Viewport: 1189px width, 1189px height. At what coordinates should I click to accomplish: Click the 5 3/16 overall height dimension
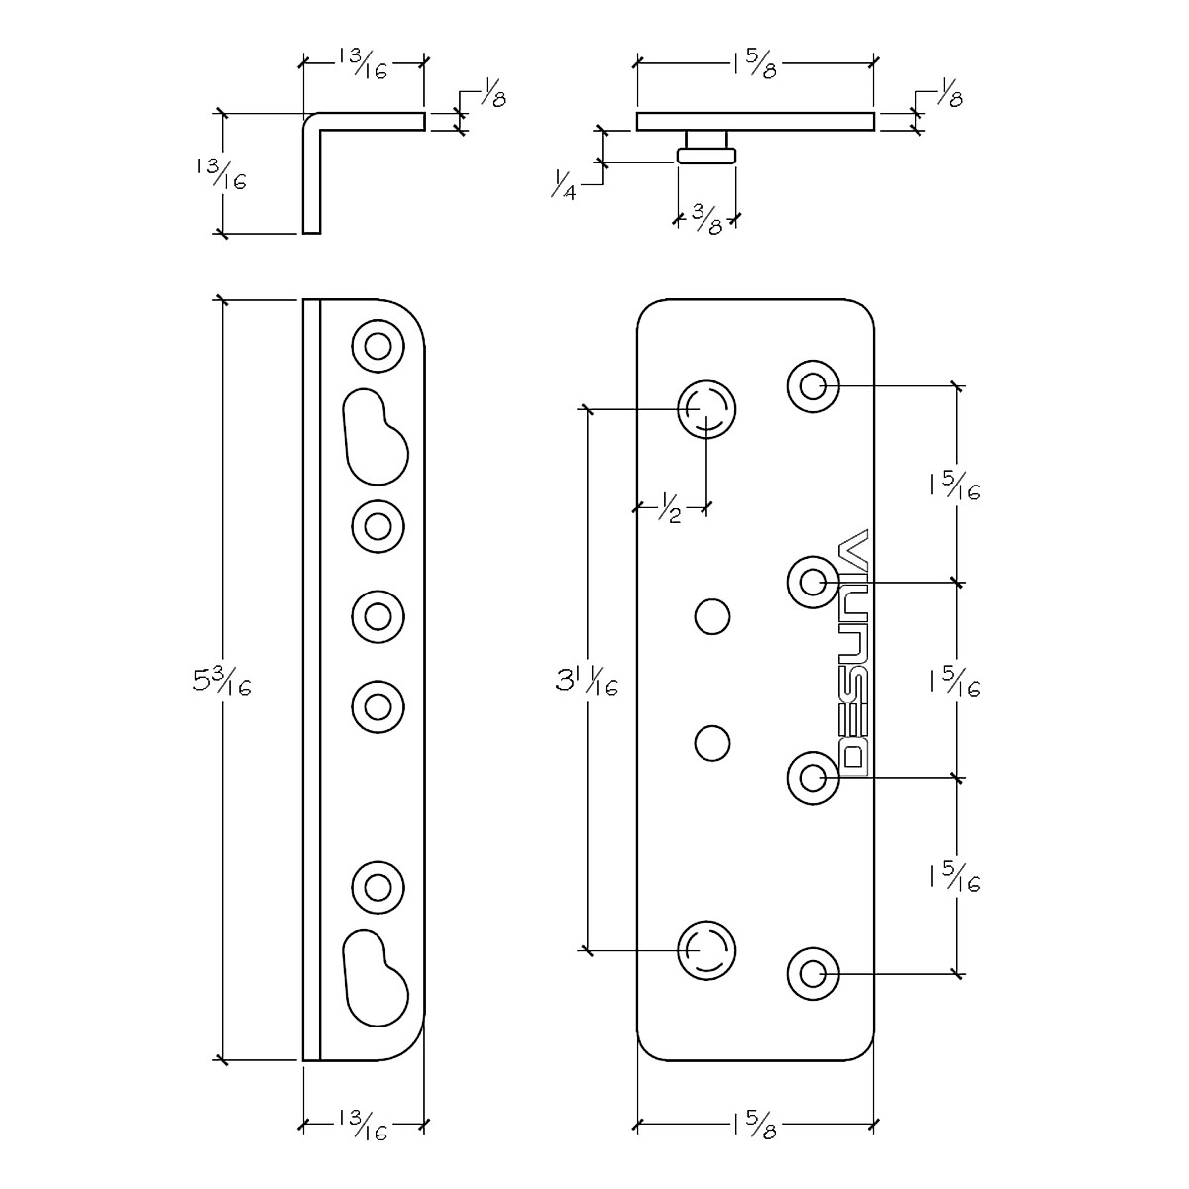(222, 683)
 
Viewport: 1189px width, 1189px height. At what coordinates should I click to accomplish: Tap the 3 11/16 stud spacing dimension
(587, 683)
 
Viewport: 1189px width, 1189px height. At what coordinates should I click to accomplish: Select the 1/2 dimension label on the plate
(671, 508)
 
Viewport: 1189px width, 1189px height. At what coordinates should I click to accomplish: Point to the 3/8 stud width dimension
(707, 219)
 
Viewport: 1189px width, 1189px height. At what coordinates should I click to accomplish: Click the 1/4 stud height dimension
(564, 184)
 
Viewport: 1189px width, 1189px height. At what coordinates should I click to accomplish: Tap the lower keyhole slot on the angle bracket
(376, 978)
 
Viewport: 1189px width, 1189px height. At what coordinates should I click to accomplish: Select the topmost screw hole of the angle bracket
(378, 346)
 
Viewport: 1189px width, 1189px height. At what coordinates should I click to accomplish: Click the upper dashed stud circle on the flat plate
(706, 409)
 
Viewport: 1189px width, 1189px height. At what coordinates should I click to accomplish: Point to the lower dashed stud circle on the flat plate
(706, 951)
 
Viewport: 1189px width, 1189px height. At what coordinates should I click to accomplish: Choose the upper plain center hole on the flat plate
(712, 616)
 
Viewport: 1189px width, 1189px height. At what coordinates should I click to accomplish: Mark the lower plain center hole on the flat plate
(712, 743)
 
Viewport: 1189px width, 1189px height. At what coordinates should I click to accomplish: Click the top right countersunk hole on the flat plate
(813, 386)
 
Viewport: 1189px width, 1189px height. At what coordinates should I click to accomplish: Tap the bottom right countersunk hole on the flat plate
(813, 974)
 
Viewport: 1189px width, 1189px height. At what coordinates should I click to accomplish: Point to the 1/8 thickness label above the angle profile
(491, 92)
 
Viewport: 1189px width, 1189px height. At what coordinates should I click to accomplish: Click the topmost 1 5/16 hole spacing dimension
(955, 487)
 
